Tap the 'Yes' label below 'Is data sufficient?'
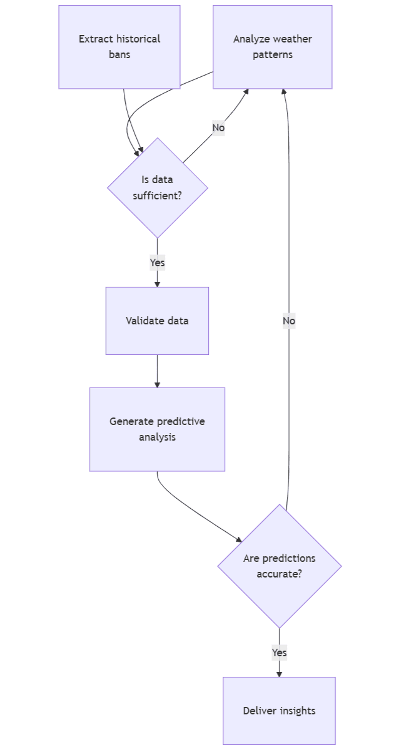(x=157, y=262)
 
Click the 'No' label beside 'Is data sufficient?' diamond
(x=218, y=127)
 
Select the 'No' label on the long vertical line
(x=288, y=321)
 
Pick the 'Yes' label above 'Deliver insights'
(x=279, y=652)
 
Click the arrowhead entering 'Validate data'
(x=157, y=284)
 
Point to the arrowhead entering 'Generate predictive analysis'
(x=157, y=384)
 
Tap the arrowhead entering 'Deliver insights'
(x=279, y=674)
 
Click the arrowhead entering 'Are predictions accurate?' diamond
(x=238, y=539)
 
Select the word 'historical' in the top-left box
(x=138, y=39)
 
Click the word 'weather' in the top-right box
(x=293, y=39)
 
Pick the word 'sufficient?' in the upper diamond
(x=157, y=196)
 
